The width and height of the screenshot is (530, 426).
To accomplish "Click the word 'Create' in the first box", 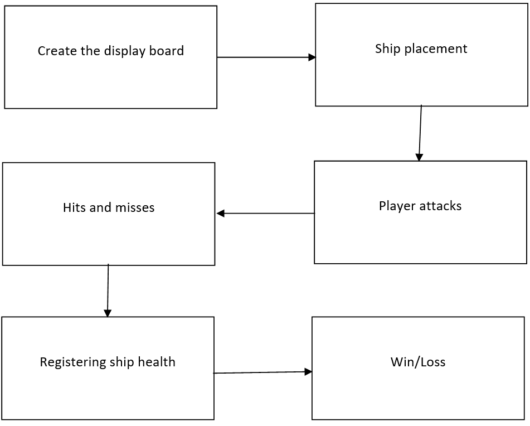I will [x=54, y=51].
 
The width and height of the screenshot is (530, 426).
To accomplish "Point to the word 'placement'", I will [x=436, y=49].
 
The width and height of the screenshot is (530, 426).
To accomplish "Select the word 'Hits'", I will [x=74, y=208].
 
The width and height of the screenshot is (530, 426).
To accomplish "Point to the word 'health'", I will [x=157, y=362].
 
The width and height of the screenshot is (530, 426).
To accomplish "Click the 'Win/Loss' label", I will [x=418, y=362].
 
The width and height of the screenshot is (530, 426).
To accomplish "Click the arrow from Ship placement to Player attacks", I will [x=420, y=133].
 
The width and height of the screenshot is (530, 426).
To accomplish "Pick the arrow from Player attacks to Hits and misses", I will [x=266, y=213].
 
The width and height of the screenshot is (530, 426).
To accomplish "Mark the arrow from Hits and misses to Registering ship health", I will [x=108, y=290].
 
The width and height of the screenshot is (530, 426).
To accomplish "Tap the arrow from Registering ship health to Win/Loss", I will [x=262, y=372].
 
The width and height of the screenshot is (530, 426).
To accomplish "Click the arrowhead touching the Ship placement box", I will [x=312, y=57].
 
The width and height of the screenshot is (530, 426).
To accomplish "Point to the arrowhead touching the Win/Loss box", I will [x=308, y=372].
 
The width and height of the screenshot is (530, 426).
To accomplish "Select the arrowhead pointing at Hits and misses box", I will [x=221, y=213].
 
